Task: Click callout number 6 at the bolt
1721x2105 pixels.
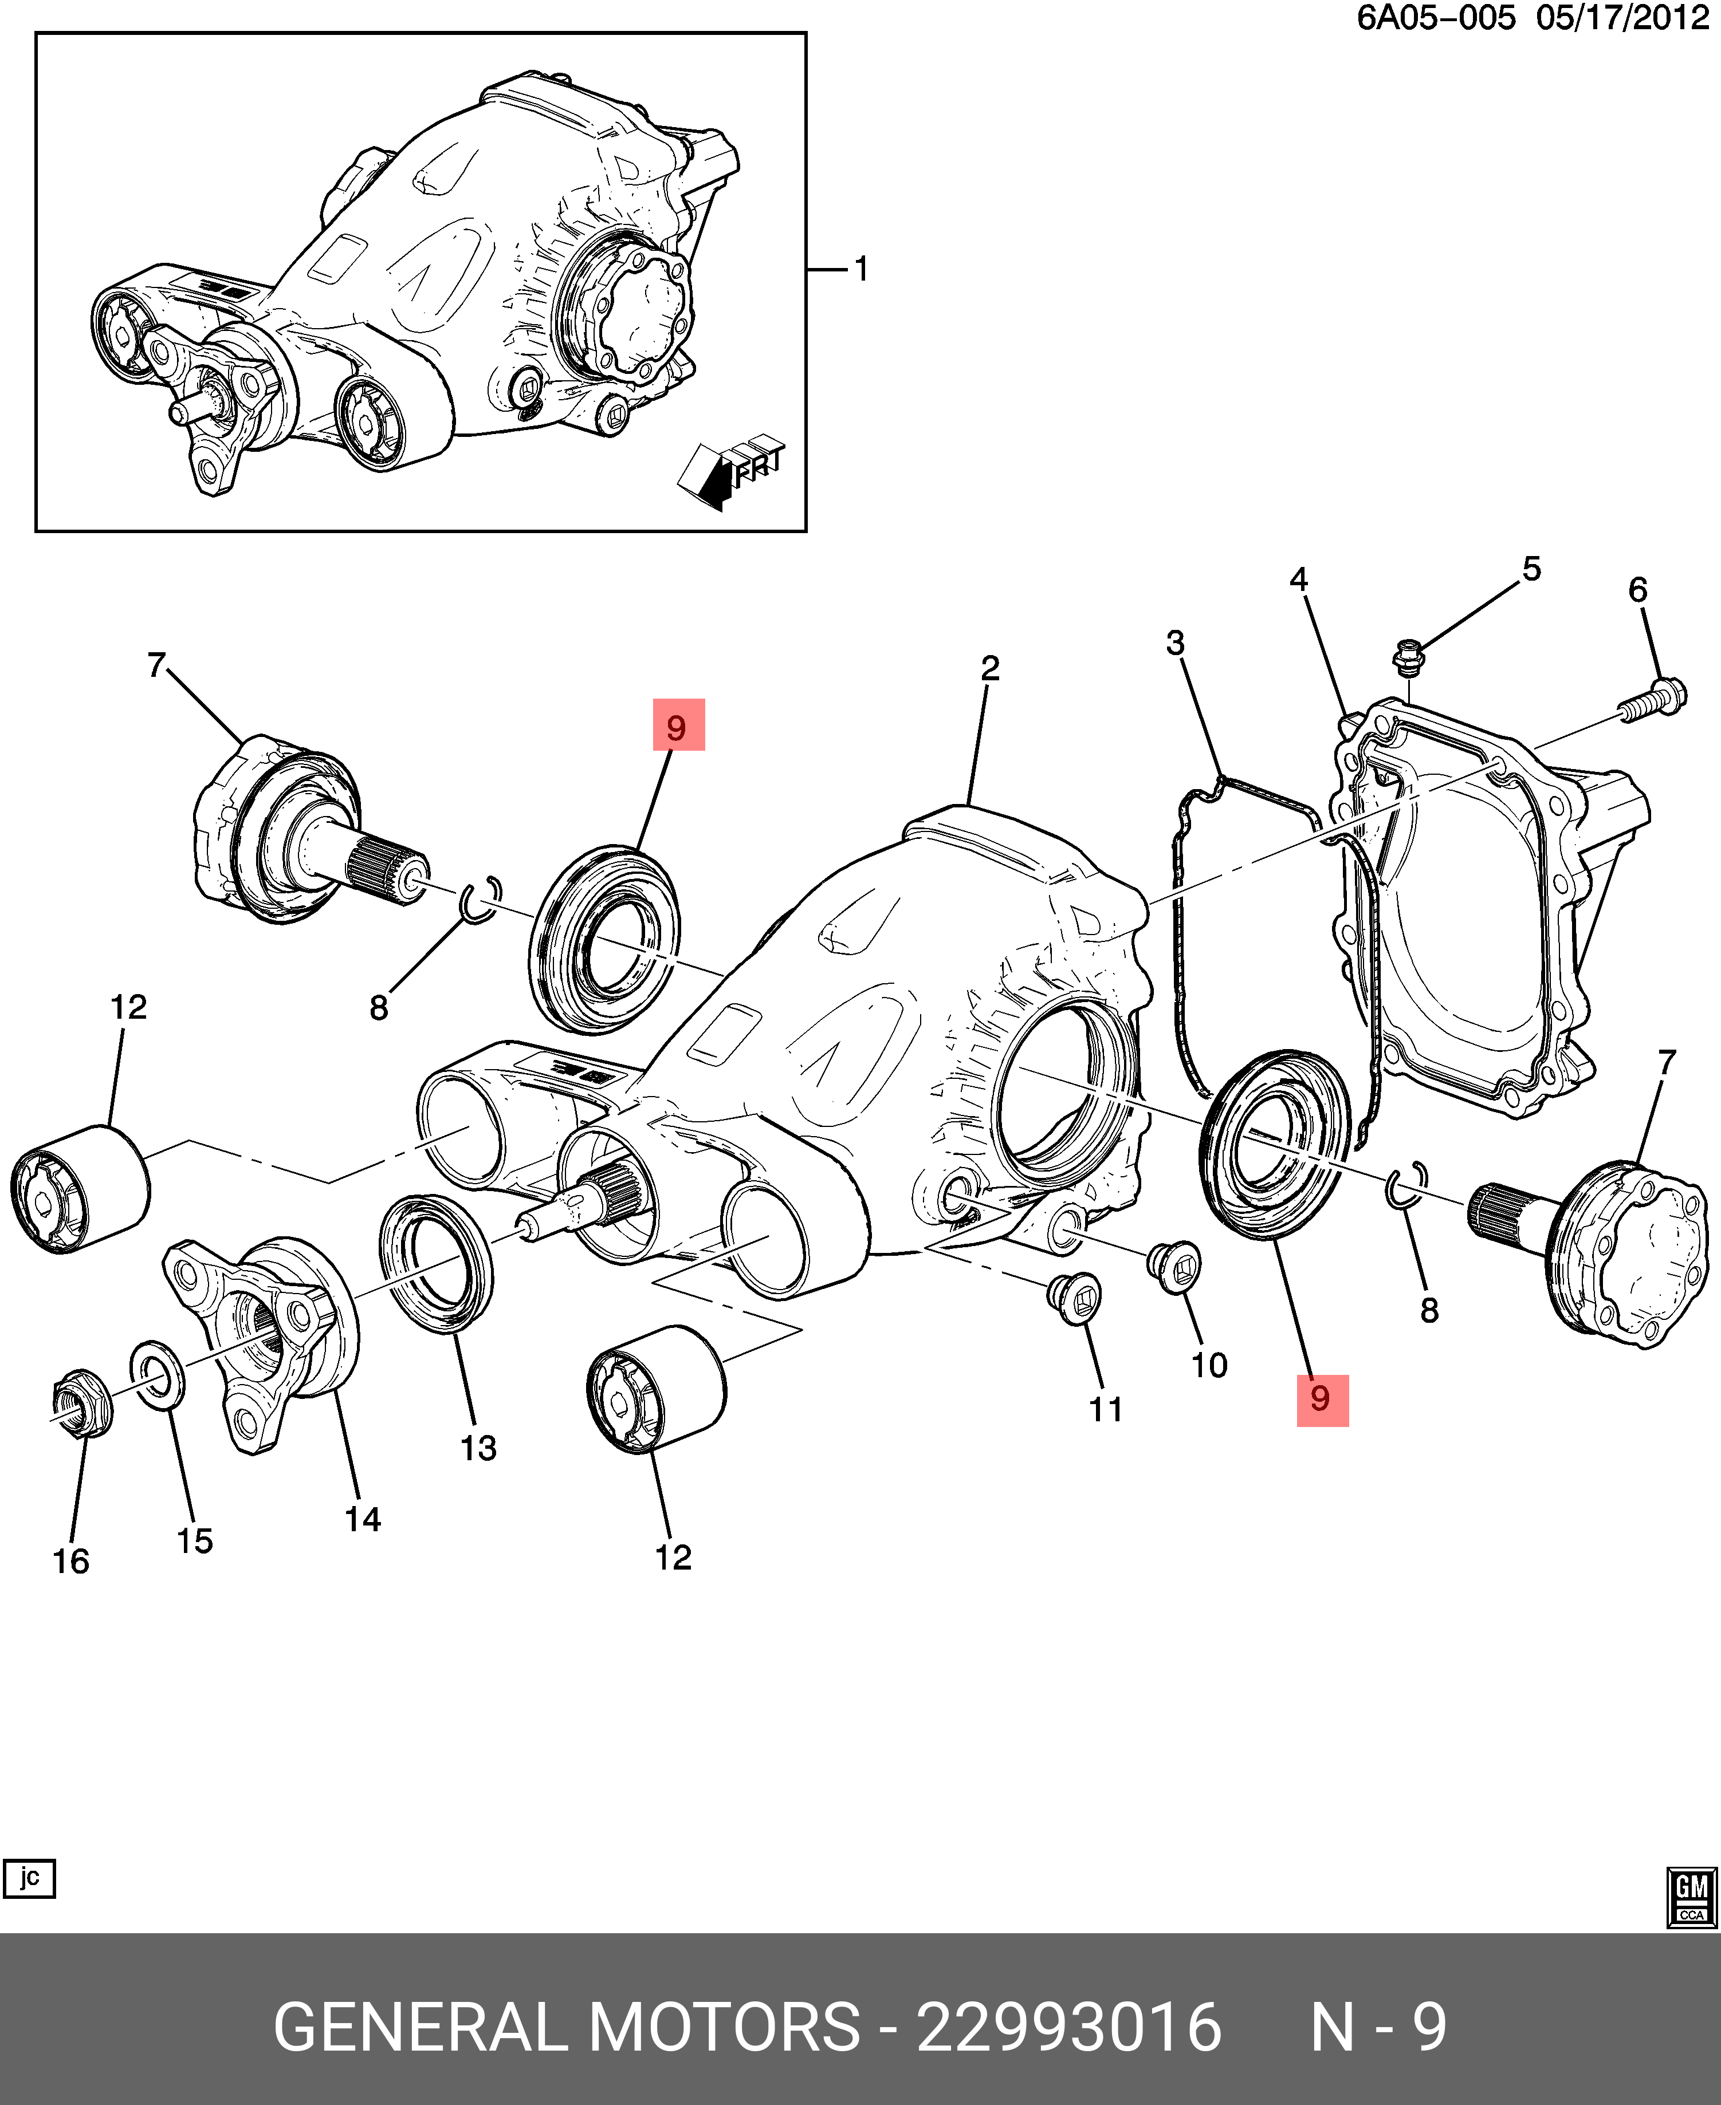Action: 1638,590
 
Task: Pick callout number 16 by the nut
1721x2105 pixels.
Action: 70,1561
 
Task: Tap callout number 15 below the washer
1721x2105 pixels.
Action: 194,1540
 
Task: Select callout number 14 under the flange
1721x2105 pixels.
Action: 363,1519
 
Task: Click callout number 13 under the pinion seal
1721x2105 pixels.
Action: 478,1448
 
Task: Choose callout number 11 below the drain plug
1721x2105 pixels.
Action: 1105,1409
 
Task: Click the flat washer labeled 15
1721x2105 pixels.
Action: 156,1374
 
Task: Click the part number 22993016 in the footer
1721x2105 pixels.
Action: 1068,2028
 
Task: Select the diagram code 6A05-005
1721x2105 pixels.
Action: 1436,18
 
